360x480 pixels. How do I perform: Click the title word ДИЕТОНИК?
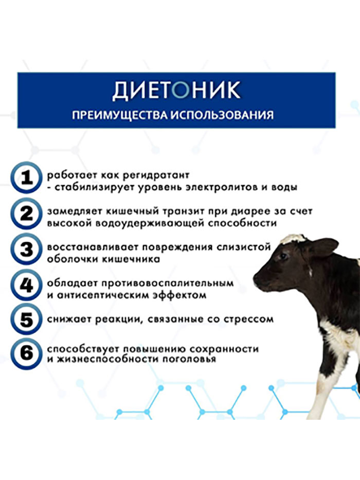(176, 91)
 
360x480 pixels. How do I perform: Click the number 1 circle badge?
(26, 178)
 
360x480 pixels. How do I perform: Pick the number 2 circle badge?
(26, 214)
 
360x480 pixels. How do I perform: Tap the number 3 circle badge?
(26, 250)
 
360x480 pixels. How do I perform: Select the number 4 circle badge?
(26, 286)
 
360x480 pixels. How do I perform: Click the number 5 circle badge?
(26, 320)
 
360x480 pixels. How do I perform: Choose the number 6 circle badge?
(26, 353)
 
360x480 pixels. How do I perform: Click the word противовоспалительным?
(168, 283)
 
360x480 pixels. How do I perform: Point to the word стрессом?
(248, 319)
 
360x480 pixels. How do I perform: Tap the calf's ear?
(322, 246)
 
